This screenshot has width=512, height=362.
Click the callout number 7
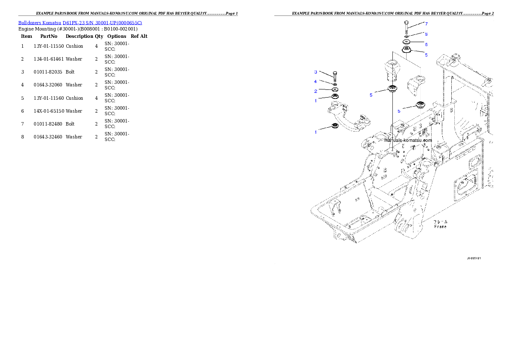click(x=426, y=23)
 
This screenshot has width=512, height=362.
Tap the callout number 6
click(x=426, y=44)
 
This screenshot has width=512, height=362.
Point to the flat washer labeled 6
click(x=407, y=42)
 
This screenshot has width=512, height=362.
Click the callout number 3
click(x=315, y=72)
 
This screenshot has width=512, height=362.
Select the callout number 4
click(x=315, y=81)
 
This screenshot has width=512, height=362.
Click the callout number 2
click(x=315, y=91)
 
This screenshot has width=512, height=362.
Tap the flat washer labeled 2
click(x=335, y=89)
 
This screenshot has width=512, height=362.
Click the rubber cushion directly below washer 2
click(x=335, y=97)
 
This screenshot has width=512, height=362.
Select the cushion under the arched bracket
click(x=334, y=126)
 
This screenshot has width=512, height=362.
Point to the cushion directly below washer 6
click(x=407, y=52)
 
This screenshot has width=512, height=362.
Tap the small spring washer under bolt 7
click(x=407, y=36)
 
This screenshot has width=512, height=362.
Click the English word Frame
click(x=440, y=226)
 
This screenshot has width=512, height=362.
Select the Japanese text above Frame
click(x=441, y=221)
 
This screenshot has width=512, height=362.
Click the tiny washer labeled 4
click(x=335, y=84)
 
